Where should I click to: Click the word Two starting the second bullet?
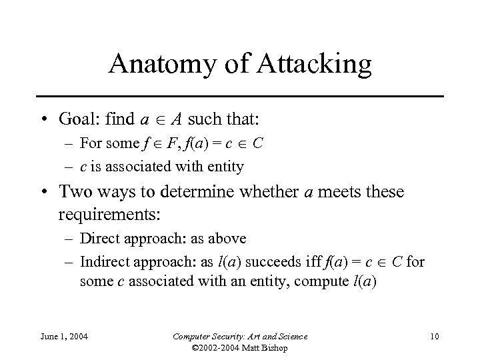pyautogui.click(x=75, y=193)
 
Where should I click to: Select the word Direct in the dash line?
pyautogui.click(x=99, y=238)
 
